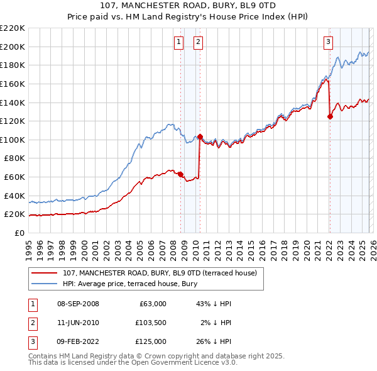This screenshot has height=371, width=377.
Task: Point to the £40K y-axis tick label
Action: [14, 196]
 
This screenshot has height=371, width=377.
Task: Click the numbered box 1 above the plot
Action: [179, 42]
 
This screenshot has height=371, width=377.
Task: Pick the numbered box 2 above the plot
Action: [198, 42]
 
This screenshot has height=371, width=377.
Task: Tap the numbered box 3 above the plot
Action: [328, 42]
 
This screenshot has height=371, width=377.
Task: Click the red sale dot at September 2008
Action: [180, 174]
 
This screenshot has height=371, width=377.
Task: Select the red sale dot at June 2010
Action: [200, 136]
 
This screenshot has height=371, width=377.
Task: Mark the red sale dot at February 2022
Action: [330, 116]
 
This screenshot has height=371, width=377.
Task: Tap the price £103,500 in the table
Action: [150, 323]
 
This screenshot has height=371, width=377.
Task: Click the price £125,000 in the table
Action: [150, 341]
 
